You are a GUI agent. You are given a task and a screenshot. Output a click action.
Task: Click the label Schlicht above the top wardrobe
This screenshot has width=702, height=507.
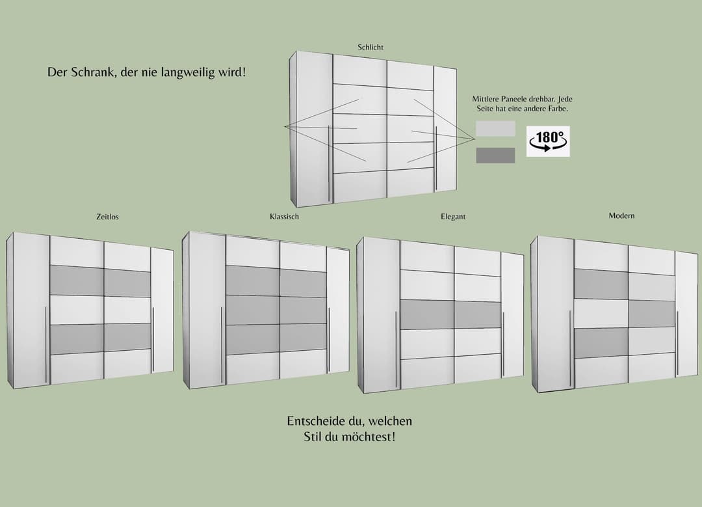coord(370,47)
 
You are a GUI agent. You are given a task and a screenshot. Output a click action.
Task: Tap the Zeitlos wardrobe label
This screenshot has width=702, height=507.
coord(107,217)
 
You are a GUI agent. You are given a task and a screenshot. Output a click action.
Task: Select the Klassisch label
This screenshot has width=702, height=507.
coord(284,217)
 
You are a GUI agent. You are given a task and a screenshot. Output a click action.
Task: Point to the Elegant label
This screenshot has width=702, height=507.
coord(453,217)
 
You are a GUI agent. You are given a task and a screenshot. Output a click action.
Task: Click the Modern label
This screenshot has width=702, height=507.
coord(621,215)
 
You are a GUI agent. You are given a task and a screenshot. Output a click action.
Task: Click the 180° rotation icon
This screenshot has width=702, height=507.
coord(548,141)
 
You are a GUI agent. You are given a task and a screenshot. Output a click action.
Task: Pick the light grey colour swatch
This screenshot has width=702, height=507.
coord(495,129)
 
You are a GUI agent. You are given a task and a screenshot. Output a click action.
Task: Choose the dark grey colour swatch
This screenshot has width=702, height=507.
coord(495,155)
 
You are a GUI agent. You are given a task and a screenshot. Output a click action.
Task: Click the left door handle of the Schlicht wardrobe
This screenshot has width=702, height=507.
coord(329,163)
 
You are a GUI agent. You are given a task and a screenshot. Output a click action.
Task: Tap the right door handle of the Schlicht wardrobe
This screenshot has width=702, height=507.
coord(436,158)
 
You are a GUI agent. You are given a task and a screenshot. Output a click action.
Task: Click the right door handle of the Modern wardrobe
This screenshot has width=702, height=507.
coord(677,344)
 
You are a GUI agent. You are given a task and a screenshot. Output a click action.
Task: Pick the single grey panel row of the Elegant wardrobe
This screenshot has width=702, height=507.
coord(450,314)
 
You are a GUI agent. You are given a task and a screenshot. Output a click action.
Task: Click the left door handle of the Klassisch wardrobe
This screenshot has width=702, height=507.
coord(221,346)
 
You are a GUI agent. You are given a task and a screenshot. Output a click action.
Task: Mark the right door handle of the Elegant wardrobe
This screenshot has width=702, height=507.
coord(503,344)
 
